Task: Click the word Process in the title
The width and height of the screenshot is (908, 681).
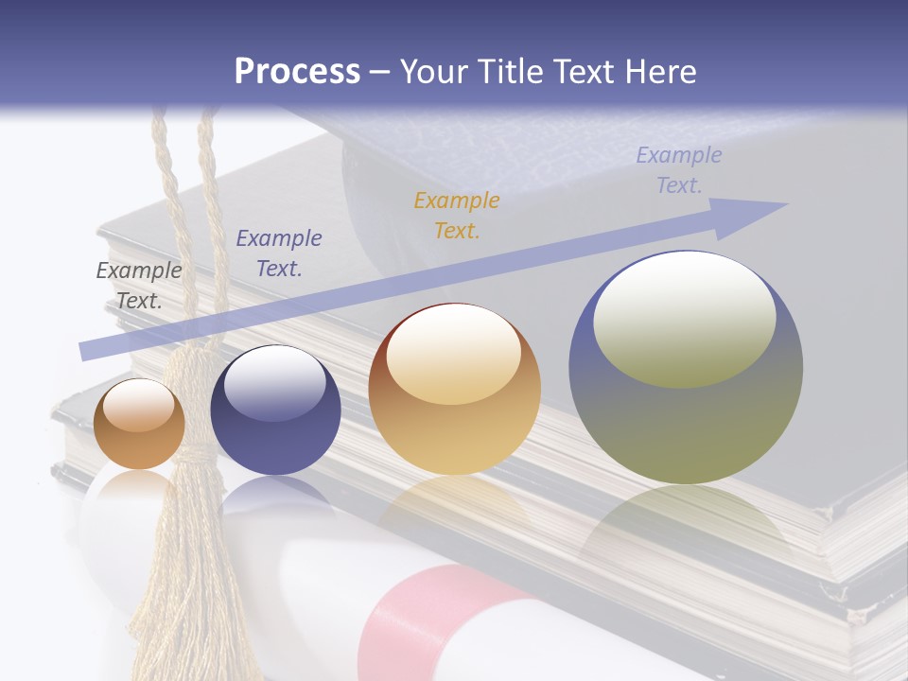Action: pyautogui.click(x=297, y=72)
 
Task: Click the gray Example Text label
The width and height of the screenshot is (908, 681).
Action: pyautogui.click(x=139, y=285)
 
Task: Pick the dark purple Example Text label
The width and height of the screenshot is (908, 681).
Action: pyautogui.click(x=279, y=253)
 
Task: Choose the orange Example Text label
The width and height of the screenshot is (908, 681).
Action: pyautogui.click(x=457, y=215)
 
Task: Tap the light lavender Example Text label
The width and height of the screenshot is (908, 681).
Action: pyautogui.click(x=679, y=170)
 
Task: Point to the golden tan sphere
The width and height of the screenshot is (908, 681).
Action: pyautogui.click(x=454, y=390)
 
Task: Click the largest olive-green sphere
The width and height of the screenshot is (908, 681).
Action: pyautogui.click(x=686, y=369)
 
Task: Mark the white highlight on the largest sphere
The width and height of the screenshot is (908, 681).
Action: pyautogui.click(x=684, y=319)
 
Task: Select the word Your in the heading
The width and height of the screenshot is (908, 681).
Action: pyautogui.click(x=436, y=72)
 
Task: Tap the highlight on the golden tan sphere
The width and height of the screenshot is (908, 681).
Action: pyautogui.click(x=454, y=355)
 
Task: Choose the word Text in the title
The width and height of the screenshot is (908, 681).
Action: pyautogui.click(x=584, y=72)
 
